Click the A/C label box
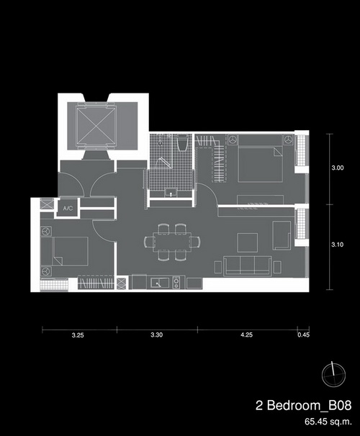tap(68, 208)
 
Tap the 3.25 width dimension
tap(78, 335)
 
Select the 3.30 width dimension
tap(157, 335)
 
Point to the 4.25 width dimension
tap(246, 335)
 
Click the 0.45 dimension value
tap(303, 335)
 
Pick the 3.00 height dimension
tap(338, 168)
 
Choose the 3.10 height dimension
tap(338, 245)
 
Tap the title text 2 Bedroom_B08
tap(304, 406)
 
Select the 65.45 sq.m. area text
tap(328, 422)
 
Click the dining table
tap(171, 242)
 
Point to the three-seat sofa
tap(248, 266)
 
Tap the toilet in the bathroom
tap(182, 143)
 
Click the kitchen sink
tap(159, 283)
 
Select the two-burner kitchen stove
tap(176, 283)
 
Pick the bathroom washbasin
tap(171, 193)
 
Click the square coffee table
tap(248, 242)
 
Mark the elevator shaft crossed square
tap(96, 125)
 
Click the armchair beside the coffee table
tap(282, 235)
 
